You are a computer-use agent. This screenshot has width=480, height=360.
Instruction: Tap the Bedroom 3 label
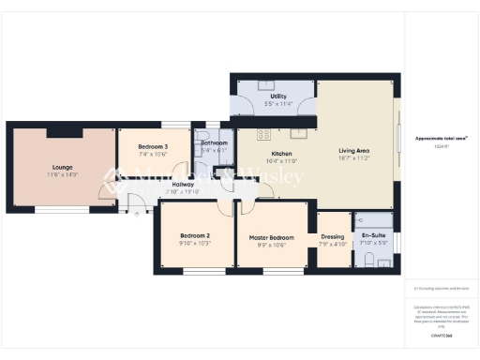point(153,147)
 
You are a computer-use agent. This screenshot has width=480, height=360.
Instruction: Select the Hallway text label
point(183,186)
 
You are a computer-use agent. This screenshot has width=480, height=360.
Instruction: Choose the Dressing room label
point(333,236)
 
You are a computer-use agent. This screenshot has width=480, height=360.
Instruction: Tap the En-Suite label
point(372,236)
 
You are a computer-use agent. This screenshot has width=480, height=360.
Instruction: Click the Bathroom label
point(214,142)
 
